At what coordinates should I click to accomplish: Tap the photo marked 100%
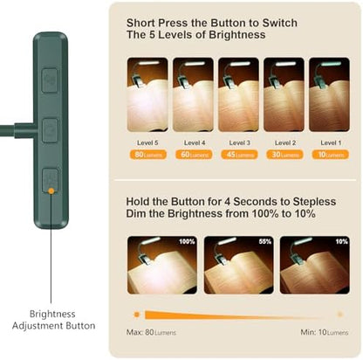[161, 265]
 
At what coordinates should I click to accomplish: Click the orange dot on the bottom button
[51, 189]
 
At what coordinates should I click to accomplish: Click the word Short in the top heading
[142, 23]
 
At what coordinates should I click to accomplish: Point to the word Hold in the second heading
[141, 201]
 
